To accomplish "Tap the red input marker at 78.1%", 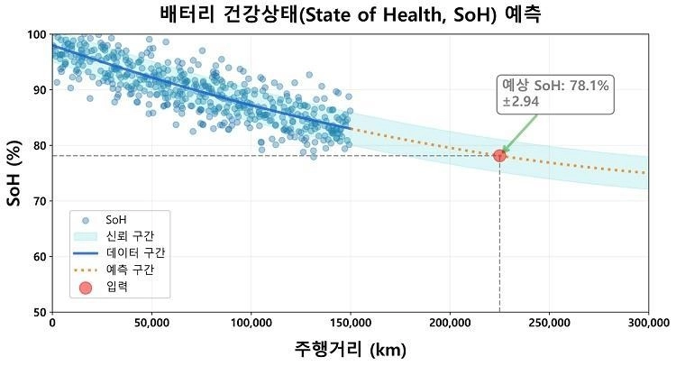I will point(499,156).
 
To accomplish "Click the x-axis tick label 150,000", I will point(350,323).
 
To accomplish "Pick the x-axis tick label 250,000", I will point(549,323).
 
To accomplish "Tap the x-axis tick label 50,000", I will point(151,323).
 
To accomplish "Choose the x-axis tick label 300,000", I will point(648,323).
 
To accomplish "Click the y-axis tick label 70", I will point(39,201).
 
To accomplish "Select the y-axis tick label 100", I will point(36,34).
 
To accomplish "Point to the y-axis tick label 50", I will point(39,312).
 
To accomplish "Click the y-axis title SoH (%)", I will point(14,173).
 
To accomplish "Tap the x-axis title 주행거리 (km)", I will point(350,349).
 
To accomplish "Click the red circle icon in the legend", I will point(85,288).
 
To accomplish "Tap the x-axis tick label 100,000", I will point(251,323).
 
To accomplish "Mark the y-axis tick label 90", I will point(39,90).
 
